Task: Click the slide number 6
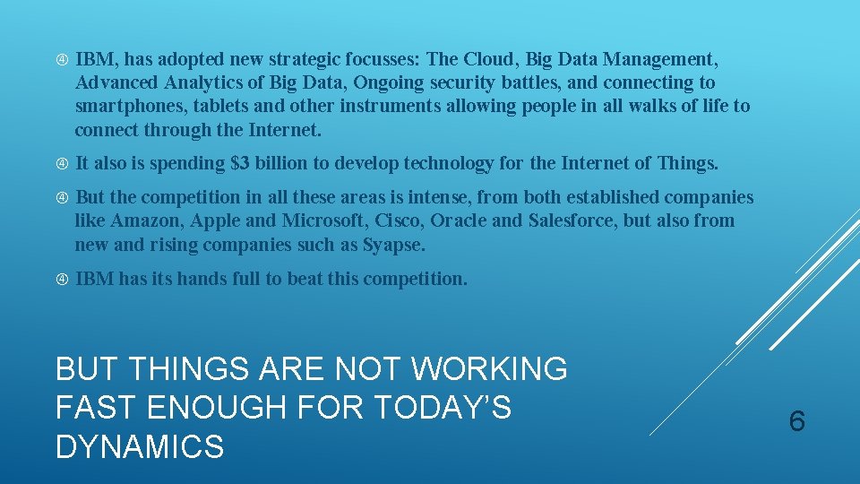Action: tap(797, 420)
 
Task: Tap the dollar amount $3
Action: tap(240, 164)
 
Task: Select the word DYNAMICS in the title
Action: tap(140, 446)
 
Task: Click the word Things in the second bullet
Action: tap(687, 164)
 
